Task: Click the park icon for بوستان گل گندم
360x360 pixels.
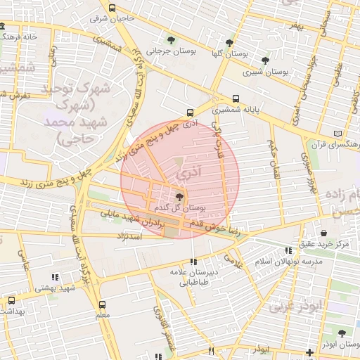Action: (179, 197)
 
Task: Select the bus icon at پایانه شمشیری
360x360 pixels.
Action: (235, 99)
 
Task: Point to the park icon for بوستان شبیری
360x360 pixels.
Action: (264, 60)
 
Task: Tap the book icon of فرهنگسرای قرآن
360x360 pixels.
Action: (339, 133)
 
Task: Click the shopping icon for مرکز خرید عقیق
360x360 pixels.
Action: (323, 233)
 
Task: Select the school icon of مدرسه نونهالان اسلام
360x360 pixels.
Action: (288, 250)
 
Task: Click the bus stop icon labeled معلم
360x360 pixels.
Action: (103, 305)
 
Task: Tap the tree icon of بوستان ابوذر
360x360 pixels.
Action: (342, 334)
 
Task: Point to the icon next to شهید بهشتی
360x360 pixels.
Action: (56, 277)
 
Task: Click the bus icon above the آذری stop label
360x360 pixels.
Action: (190, 112)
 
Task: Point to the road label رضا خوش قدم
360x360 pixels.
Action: (218, 227)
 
